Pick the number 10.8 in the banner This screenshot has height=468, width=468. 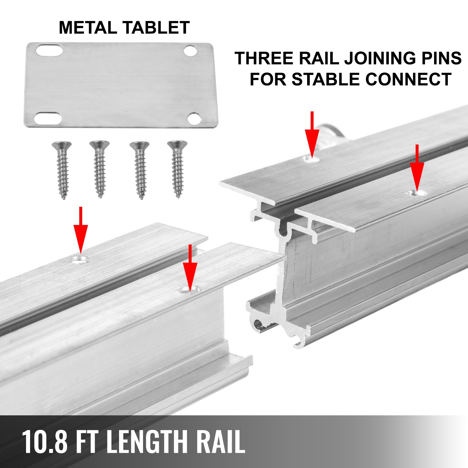(44, 442)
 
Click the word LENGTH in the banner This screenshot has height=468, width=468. (146, 442)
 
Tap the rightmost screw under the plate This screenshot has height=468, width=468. (177, 168)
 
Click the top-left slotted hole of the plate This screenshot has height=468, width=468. (49, 50)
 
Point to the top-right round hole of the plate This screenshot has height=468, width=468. (190, 51)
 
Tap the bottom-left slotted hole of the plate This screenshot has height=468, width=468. (48, 118)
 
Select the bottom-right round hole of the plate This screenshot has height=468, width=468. (194, 118)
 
